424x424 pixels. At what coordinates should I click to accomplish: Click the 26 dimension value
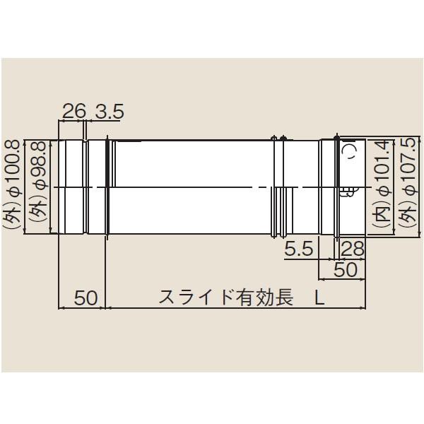click(x=73, y=111)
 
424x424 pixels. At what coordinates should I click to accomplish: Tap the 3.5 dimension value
click(x=108, y=111)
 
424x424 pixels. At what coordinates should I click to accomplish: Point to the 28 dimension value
click(x=352, y=248)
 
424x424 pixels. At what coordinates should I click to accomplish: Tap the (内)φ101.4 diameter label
click(x=382, y=187)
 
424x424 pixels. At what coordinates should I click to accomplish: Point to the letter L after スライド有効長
click(x=319, y=298)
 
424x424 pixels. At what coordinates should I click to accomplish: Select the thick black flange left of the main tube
click(x=108, y=187)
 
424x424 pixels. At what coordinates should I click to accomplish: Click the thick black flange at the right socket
click(x=338, y=187)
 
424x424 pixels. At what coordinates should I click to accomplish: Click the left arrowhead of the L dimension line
click(x=109, y=307)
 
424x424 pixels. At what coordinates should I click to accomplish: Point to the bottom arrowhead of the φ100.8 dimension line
click(x=25, y=235)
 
